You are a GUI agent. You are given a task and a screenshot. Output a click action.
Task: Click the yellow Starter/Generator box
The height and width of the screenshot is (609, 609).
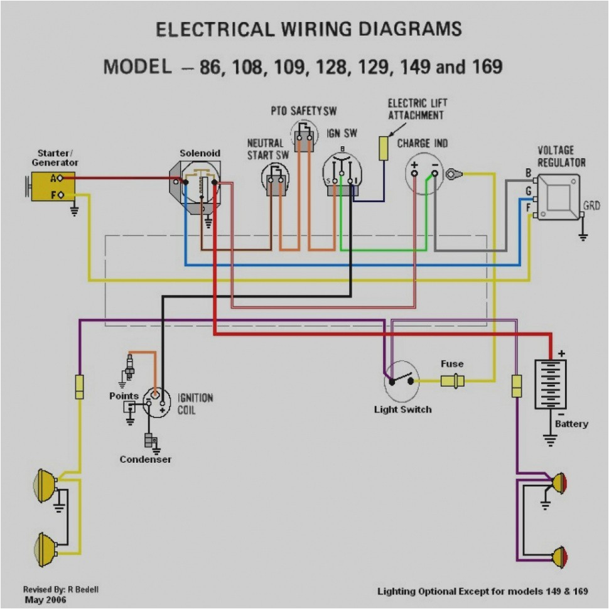coord(54,186)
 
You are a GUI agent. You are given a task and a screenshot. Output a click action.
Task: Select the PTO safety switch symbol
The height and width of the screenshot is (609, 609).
coord(304,137)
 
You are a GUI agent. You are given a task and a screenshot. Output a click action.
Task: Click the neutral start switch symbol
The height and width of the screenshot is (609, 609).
coord(275,180)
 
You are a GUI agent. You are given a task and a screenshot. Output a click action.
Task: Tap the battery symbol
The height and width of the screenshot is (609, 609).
coord(550,384)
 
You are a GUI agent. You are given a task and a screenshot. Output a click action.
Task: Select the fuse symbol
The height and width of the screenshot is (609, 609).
coord(452,380)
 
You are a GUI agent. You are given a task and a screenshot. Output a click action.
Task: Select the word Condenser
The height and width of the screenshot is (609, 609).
coord(146,460)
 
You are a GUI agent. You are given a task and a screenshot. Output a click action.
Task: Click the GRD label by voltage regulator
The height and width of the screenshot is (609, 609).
coord(591,205)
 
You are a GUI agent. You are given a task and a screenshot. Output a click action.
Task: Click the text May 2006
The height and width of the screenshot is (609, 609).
coord(45,600)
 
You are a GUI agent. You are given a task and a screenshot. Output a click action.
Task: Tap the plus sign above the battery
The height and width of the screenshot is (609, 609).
coord(561,353)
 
